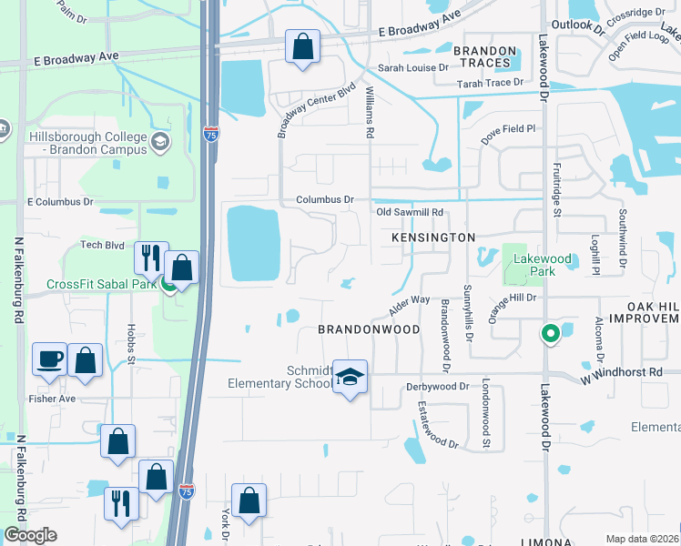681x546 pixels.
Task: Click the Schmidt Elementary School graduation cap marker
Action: pyautogui.click(x=349, y=376)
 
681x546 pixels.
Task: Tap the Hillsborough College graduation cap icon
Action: pyautogui.click(x=160, y=141)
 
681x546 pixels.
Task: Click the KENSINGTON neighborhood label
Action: pyautogui.click(x=433, y=237)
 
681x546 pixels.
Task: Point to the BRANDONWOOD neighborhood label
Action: pyautogui.click(x=369, y=329)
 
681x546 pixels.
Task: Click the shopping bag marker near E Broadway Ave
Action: pyautogui.click(x=302, y=46)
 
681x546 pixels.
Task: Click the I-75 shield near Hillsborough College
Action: pyautogui.click(x=210, y=134)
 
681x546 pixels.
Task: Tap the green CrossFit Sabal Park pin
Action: pyautogui.click(x=169, y=286)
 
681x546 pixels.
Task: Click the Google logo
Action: pyautogui.click(x=30, y=535)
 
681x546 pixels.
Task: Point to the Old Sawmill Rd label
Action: pyautogui.click(x=410, y=212)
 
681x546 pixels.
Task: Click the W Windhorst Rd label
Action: pyautogui.click(x=629, y=373)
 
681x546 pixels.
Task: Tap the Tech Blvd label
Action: pyautogui.click(x=102, y=245)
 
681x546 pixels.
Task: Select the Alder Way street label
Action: pyautogui.click(x=409, y=301)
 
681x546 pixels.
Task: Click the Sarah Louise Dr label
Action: pyautogui.click(x=413, y=67)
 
